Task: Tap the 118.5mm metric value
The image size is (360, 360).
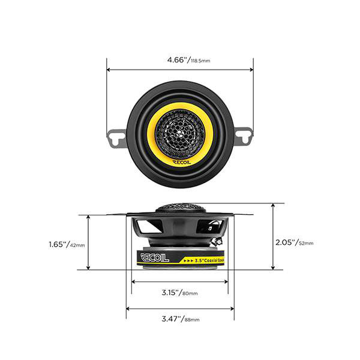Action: point(202,61)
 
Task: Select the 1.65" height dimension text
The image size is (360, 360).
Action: point(58,244)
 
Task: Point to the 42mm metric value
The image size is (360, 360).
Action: point(77,245)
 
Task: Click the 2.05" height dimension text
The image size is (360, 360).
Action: point(287,242)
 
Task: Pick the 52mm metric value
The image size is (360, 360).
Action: point(306,244)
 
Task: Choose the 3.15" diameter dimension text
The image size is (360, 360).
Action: point(170,292)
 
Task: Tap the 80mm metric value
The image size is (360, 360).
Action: point(190,293)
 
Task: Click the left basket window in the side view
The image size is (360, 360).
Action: point(149,227)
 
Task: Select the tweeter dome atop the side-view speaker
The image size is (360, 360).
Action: point(180,208)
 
